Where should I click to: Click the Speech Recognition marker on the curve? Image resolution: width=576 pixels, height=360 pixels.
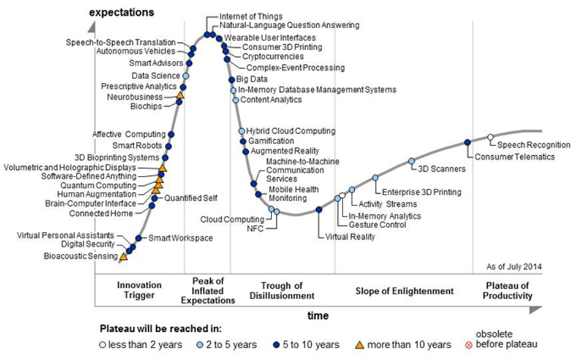pos(490,137)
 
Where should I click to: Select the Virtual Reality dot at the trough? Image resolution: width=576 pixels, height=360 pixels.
pos(319,210)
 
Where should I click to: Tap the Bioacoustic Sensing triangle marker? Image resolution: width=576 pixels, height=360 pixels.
pos(123,256)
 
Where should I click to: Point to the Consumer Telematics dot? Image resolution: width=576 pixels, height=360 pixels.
pos(468,142)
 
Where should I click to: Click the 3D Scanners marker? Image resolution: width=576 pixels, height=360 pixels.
pos(412,161)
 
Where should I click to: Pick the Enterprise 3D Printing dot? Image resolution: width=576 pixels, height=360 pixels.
pos(376,178)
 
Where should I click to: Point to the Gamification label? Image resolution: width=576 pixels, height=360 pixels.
pos(270,141)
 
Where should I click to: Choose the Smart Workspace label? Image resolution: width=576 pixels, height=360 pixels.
pos(172,238)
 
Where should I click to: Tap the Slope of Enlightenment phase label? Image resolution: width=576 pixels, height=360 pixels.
pos(404,291)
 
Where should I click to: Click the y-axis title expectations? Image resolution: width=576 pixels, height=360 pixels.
pos(121,12)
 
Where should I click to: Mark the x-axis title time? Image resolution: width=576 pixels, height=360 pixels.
pos(318,316)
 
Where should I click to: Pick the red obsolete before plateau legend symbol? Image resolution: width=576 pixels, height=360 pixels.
pos(471,345)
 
